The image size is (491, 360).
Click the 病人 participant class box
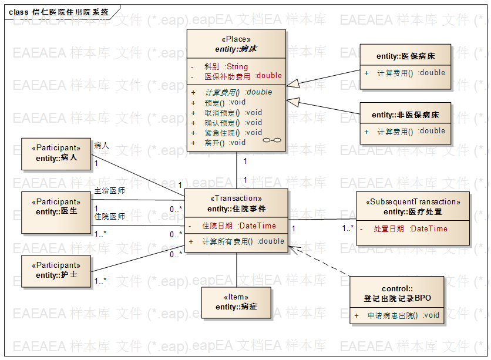(56, 153)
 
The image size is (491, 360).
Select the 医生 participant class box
(56, 212)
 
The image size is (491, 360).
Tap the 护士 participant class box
(56, 271)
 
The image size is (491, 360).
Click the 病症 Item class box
(236, 302)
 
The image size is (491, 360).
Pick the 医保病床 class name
(405, 56)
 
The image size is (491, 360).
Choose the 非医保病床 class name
(405, 115)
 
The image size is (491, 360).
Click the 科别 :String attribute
(226, 67)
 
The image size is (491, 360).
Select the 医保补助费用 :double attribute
(243, 76)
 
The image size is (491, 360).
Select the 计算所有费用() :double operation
(243, 241)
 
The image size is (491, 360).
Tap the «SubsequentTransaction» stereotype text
(413, 202)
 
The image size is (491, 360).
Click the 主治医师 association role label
(109, 191)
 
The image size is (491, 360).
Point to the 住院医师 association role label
(109, 217)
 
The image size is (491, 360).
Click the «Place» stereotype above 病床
(236, 39)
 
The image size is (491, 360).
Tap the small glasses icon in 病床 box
(272, 140)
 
